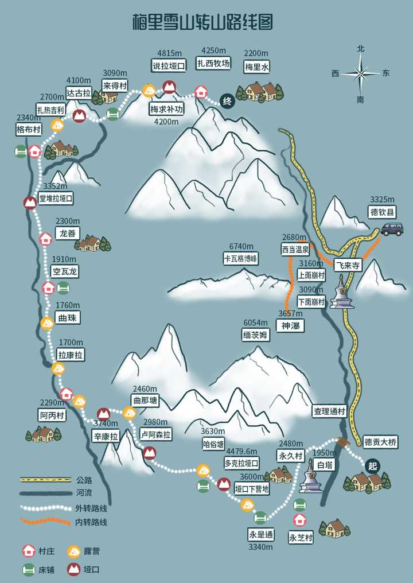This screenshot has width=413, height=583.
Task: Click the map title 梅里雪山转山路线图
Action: pyautogui.click(x=202, y=22)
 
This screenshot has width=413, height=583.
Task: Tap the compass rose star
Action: pyautogui.click(x=361, y=73)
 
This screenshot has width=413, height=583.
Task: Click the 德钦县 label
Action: pyautogui.click(x=382, y=212)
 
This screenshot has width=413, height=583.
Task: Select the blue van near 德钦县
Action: pyautogui.click(x=392, y=230)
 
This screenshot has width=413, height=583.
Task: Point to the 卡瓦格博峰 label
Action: pyautogui.click(x=241, y=259)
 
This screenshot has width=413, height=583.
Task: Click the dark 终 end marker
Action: pyautogui.click(x=227, y=102)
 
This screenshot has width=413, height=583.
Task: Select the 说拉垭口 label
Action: pyautogui.click(x=169, y=66)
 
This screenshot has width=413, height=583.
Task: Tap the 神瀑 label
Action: pyautogui.click(x=290, y=326)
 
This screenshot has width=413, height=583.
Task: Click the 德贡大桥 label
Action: pyautogui.click(x=380, y=442)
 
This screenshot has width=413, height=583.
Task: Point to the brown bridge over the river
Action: pyautogui.click(x=343, y=442)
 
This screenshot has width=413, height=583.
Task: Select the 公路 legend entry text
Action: pyautogui.click(x=84, y=480)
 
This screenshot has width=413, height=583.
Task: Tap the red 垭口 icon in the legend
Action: pyautogui.click(x=73, y=569)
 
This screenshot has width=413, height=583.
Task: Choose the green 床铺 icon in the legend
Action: pyautogui.click(x=28, y=569)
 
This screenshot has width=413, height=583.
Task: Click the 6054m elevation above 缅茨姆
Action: pyautogui.click(x=255, y=323)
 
